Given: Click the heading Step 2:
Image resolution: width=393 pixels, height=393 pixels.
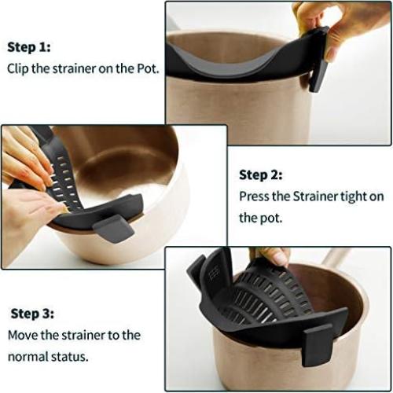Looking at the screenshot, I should (x=261, y=175).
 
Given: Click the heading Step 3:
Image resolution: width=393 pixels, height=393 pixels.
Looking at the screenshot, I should (x=32, y=313).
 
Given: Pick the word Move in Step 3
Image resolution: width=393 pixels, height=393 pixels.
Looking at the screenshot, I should (x=23, y=334).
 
